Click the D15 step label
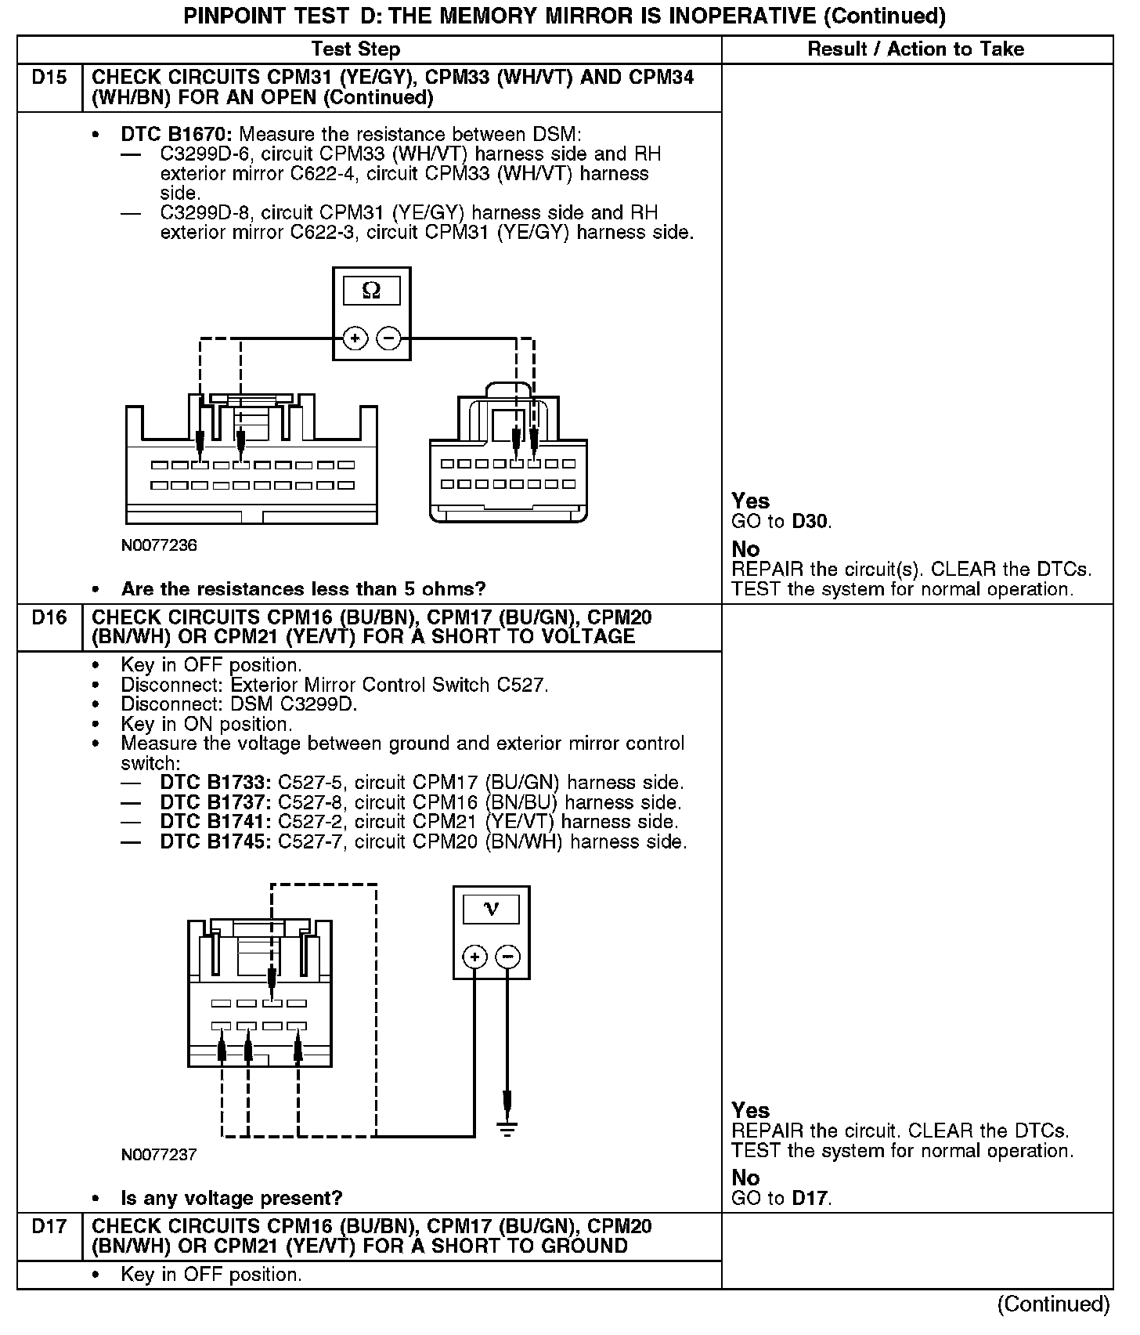(x=49, y=78)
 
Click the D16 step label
(x=49, y=618)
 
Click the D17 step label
(x=49, y=1227)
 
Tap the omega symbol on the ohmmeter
(x=372, y=291)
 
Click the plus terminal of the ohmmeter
(x=355, y=338)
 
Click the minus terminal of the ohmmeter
(x=389, y=338)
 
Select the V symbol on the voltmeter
(x=492, y=909)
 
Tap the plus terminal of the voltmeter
(x=475, y=957)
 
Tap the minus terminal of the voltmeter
(x=508, y=957)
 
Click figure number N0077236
(x=159, y=545)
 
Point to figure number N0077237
(x=159, y=1155)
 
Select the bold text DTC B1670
(x=176, y=135)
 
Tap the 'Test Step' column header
(x=355, y=49)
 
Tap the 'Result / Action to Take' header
(x=915, y=49)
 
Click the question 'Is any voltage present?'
(x=232, y=1198)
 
